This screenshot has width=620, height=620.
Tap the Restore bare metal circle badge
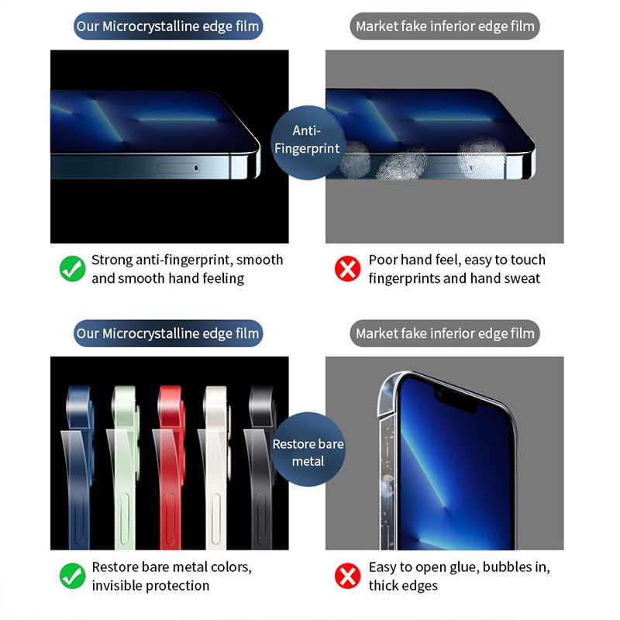pyautogui.click(x=308, y=453)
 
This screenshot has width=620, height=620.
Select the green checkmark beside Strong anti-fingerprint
pyautogui.click(x=72, y=269)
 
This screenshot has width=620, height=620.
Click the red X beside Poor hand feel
pyautogui.click(x=348, y=269)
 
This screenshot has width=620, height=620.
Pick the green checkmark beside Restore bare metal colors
pyautogui.click(x=72, y=576)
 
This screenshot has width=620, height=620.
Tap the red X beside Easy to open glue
pyautogui.click(x=348, y=576)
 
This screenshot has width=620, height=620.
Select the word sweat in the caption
pyautogui.click(x=522, y=278)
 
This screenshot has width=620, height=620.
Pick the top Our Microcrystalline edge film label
pyautogui.click(x=168, y=27)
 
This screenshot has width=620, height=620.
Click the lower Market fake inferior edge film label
pyautogui.click(x=445, y=334)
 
